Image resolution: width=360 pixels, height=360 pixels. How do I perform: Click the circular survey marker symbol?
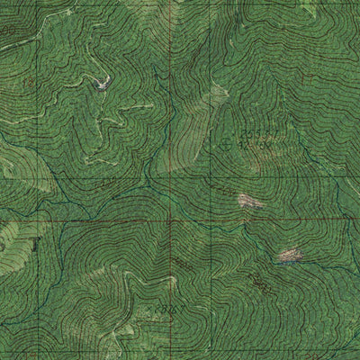click(223, 142)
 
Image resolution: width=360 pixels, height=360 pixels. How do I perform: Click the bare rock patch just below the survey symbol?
click(248, 202)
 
